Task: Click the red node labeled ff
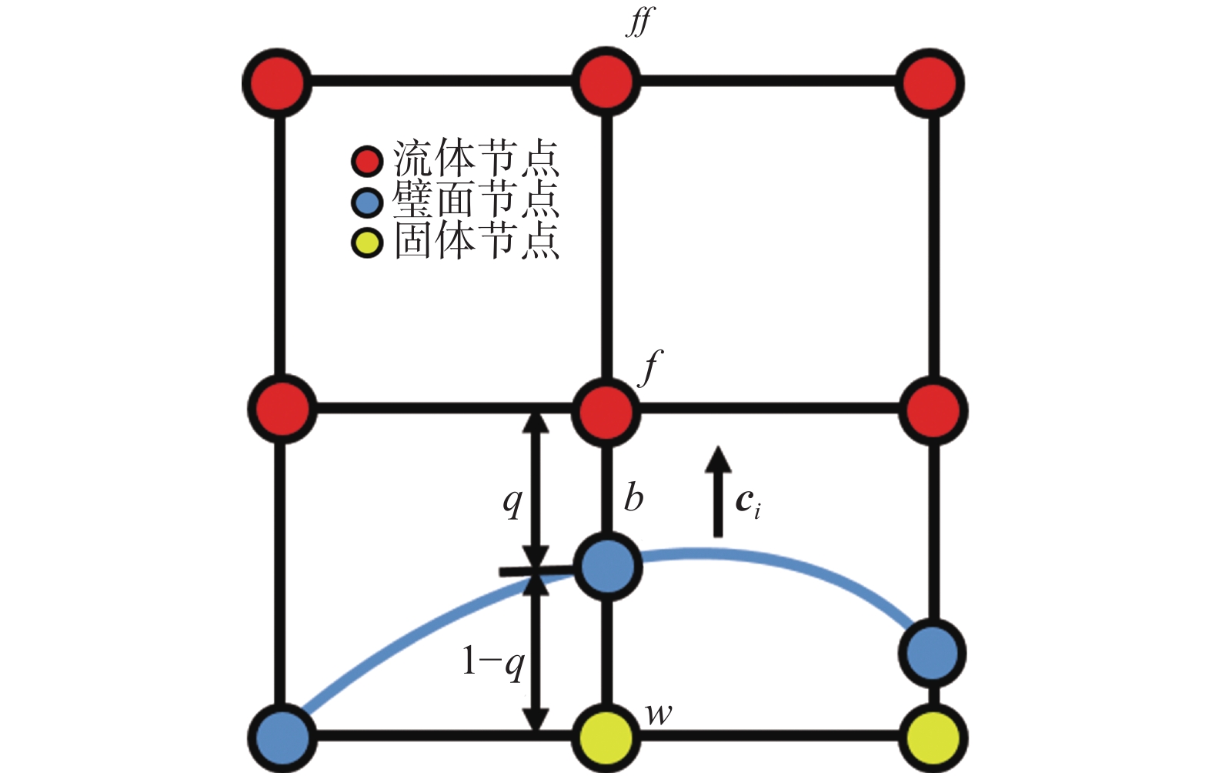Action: (606, 81)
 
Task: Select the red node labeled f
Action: (606, 410)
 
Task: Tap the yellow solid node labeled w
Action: (606, 738)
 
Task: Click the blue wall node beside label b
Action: (608, 568)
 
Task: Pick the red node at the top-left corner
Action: (278, 82)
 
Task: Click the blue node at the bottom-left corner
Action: (282, 737)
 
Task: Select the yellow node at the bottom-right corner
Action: (933, 738)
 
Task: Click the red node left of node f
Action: (282, 409)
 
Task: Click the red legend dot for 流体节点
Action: (367, 162)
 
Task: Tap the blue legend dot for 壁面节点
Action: (367, 203)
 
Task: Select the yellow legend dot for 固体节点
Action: (367, 243)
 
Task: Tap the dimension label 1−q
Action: (492, 661)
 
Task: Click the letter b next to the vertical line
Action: (633, 498)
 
